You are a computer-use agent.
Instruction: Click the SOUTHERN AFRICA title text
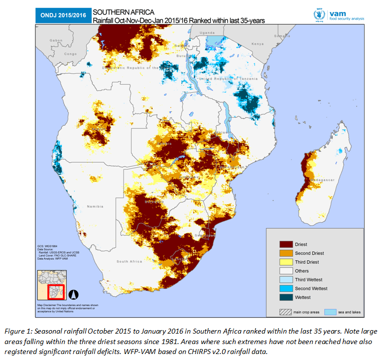[x=119, y=11]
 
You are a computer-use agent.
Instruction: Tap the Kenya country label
[x=257, y=44]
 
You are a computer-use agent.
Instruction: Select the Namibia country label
[x=95, y=206]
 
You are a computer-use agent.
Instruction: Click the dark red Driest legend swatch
[x=285, y=244]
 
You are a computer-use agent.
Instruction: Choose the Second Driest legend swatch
[x=285, y=253]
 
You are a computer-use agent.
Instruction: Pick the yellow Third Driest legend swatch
[x=285, y=262]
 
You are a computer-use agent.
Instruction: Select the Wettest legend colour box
[x=285, y=297]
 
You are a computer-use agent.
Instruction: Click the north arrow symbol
[x=73, y=294]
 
